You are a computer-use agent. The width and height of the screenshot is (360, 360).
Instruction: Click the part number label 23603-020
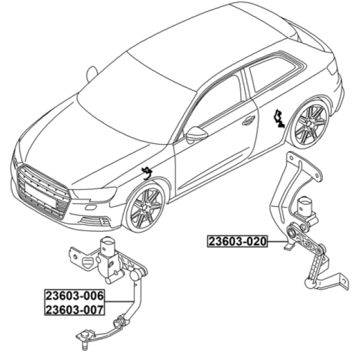tap(238, 241)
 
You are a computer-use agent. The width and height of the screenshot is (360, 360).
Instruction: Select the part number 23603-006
tap(75, 296)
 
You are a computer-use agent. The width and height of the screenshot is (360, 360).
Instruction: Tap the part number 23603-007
tap(75, 309)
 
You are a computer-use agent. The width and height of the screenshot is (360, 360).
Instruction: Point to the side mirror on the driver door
tap(196, 134)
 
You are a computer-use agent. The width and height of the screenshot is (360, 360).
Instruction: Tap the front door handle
tap(248, 120)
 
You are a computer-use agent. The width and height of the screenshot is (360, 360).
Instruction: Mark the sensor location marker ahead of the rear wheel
tap(279, 118)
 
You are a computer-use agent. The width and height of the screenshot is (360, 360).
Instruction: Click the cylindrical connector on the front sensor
tap(107, 246)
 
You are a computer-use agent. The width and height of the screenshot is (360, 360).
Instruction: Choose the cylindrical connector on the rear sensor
tap(305, 205)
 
